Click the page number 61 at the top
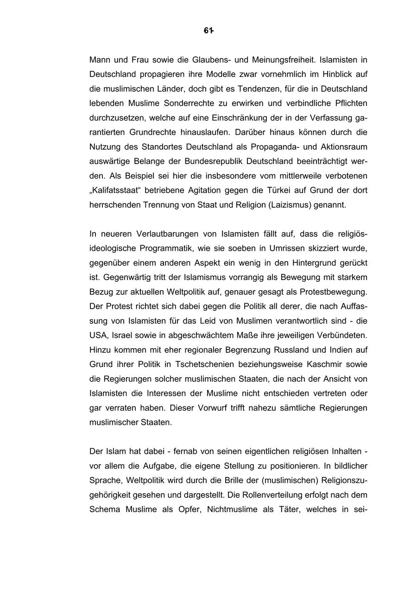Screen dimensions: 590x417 [208, 31]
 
